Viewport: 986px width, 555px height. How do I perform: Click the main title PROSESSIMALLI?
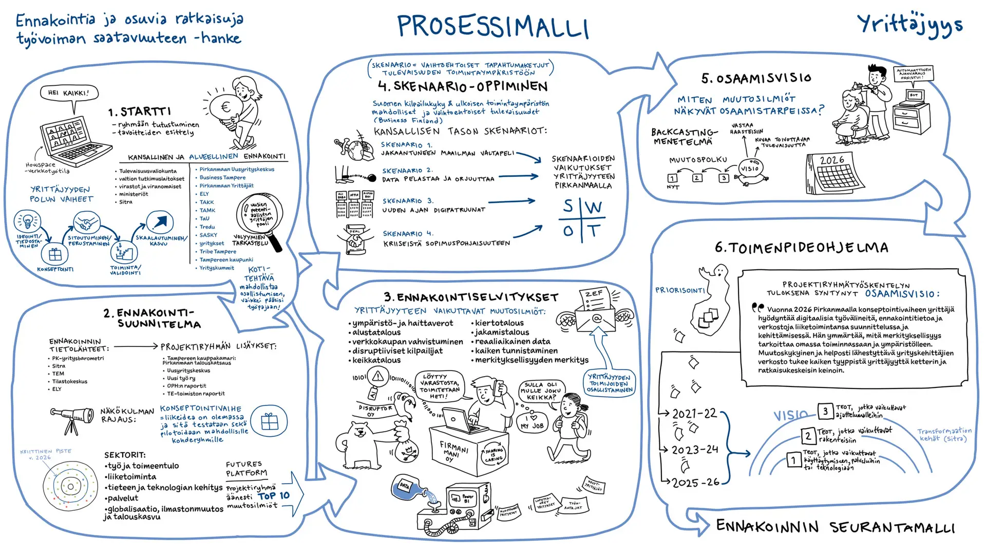pos(493,27)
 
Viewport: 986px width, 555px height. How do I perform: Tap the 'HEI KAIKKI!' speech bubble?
pos(69,93)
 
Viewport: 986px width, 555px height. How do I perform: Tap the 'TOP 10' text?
pos(274,496)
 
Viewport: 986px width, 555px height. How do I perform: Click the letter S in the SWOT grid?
pos(568,207)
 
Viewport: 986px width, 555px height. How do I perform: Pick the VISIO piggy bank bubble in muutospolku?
pos(750,169)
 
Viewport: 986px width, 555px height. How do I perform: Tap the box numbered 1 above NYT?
pos(672,178)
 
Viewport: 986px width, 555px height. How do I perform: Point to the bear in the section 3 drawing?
pos(360,442)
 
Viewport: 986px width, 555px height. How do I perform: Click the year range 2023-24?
pos(695,450)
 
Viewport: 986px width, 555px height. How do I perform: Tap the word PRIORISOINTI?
pos(680,290)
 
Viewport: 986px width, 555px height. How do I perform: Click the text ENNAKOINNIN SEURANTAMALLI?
pos(835,527)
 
